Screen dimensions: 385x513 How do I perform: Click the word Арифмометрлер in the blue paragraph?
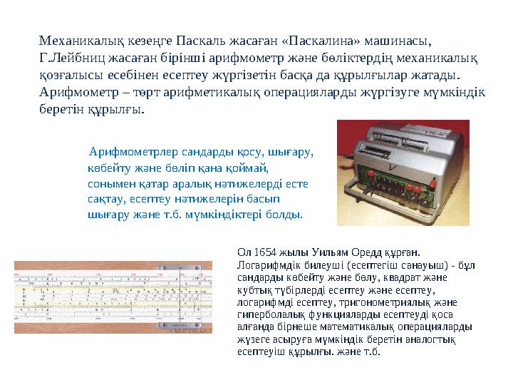coord(126,152)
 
